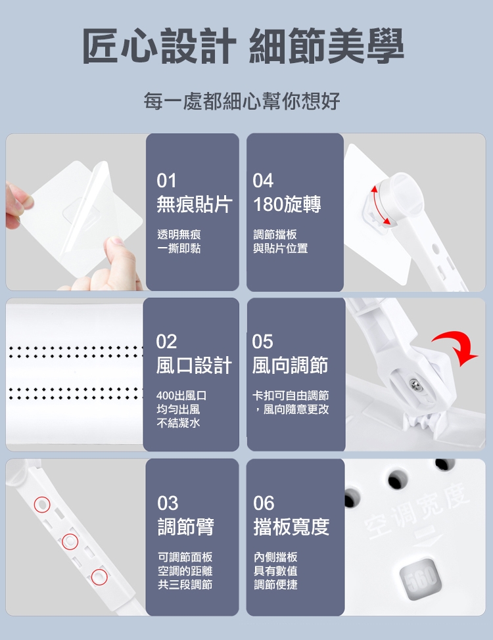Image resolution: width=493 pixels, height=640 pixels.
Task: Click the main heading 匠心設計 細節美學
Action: click(243, 46)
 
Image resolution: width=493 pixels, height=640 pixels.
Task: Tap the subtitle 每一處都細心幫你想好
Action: click(242, 101)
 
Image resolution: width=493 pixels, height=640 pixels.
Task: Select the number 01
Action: click(166, 181)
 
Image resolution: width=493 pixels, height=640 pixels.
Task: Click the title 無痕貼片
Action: click(195, 204)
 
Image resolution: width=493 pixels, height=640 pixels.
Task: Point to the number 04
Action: click(263, 181)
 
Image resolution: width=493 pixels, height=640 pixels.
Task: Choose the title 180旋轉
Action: click(287, 204)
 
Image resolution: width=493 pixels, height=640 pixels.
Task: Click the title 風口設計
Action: click(194, 365)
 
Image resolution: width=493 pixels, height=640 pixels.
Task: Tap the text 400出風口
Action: click(181, 396)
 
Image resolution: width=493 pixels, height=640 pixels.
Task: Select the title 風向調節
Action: click(290, 365)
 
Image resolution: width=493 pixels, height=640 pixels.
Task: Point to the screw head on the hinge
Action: click(415, 385)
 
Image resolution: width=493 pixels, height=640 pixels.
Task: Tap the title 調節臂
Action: click(186, 526)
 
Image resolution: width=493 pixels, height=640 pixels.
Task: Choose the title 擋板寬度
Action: click(291, 526)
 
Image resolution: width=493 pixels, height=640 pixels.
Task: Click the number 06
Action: click(264, 503)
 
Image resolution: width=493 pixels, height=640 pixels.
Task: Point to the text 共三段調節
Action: click(185, 585)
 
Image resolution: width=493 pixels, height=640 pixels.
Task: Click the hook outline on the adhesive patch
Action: click(80, 208)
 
